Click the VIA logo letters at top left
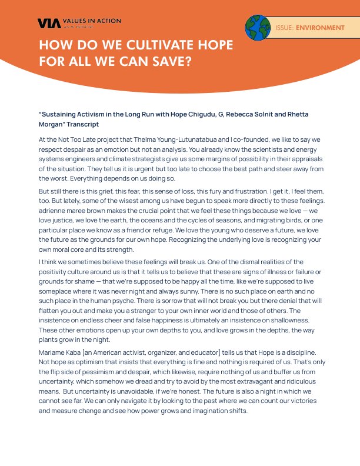[x=46, y=23]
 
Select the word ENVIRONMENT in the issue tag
[x=320, y=28]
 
